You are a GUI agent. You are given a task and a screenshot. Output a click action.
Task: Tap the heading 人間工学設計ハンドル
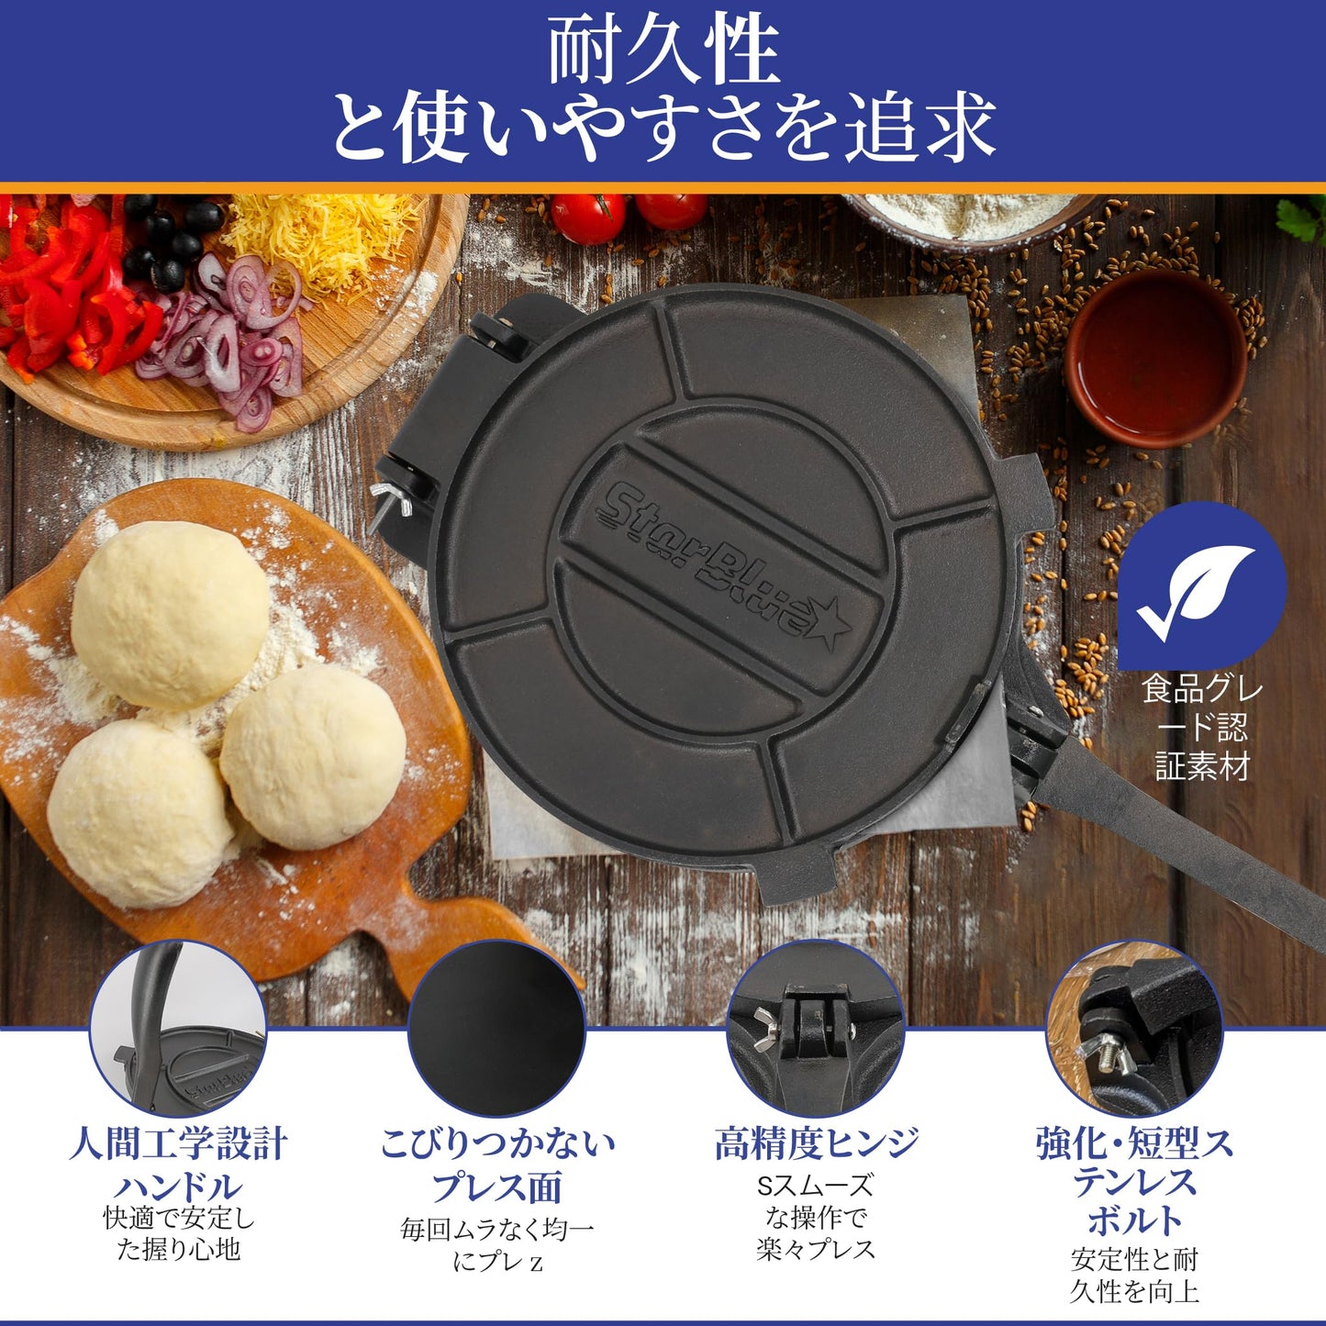pos(178,1164)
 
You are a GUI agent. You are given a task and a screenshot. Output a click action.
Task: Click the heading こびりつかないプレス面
pos(496,1164)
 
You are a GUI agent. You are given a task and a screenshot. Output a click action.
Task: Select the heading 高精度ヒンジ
pos(815,1143)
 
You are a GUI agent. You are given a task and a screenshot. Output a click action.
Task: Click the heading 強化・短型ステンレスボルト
pos(1134,1182)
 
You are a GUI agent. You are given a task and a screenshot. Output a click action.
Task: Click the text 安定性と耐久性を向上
pos(1134,1276)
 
